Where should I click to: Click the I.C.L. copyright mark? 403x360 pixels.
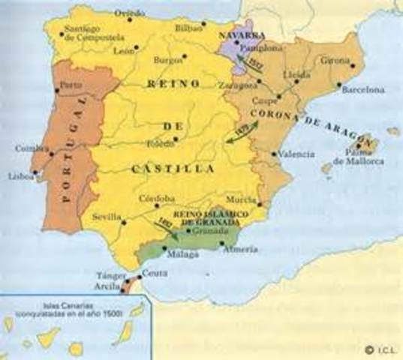381,349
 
